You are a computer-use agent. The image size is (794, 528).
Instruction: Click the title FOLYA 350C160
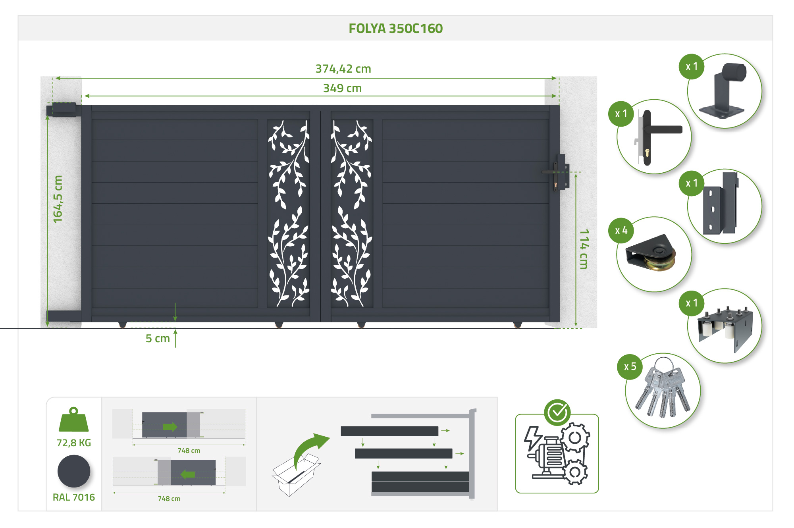click(395, 29)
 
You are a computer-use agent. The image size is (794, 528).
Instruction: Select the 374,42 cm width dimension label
click(343, 69)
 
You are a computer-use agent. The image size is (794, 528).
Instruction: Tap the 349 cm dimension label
click(342, 88)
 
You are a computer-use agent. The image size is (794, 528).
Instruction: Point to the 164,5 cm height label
click(58, 199)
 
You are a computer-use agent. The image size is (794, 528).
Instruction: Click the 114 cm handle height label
click(584, 249)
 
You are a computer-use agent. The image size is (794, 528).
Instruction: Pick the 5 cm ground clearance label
click(158, 339)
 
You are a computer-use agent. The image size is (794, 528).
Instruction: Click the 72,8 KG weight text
click(74, 443)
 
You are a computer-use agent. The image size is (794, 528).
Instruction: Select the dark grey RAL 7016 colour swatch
click(74, 471)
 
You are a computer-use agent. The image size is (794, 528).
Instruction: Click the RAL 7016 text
click(74, 497)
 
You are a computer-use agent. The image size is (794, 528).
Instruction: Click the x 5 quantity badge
click(630, 366)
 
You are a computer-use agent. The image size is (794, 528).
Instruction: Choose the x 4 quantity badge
click(621, 230)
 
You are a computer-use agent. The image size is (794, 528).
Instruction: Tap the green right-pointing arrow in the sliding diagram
click(170, 427)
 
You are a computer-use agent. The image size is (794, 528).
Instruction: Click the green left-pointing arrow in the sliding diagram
click(188, 474)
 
